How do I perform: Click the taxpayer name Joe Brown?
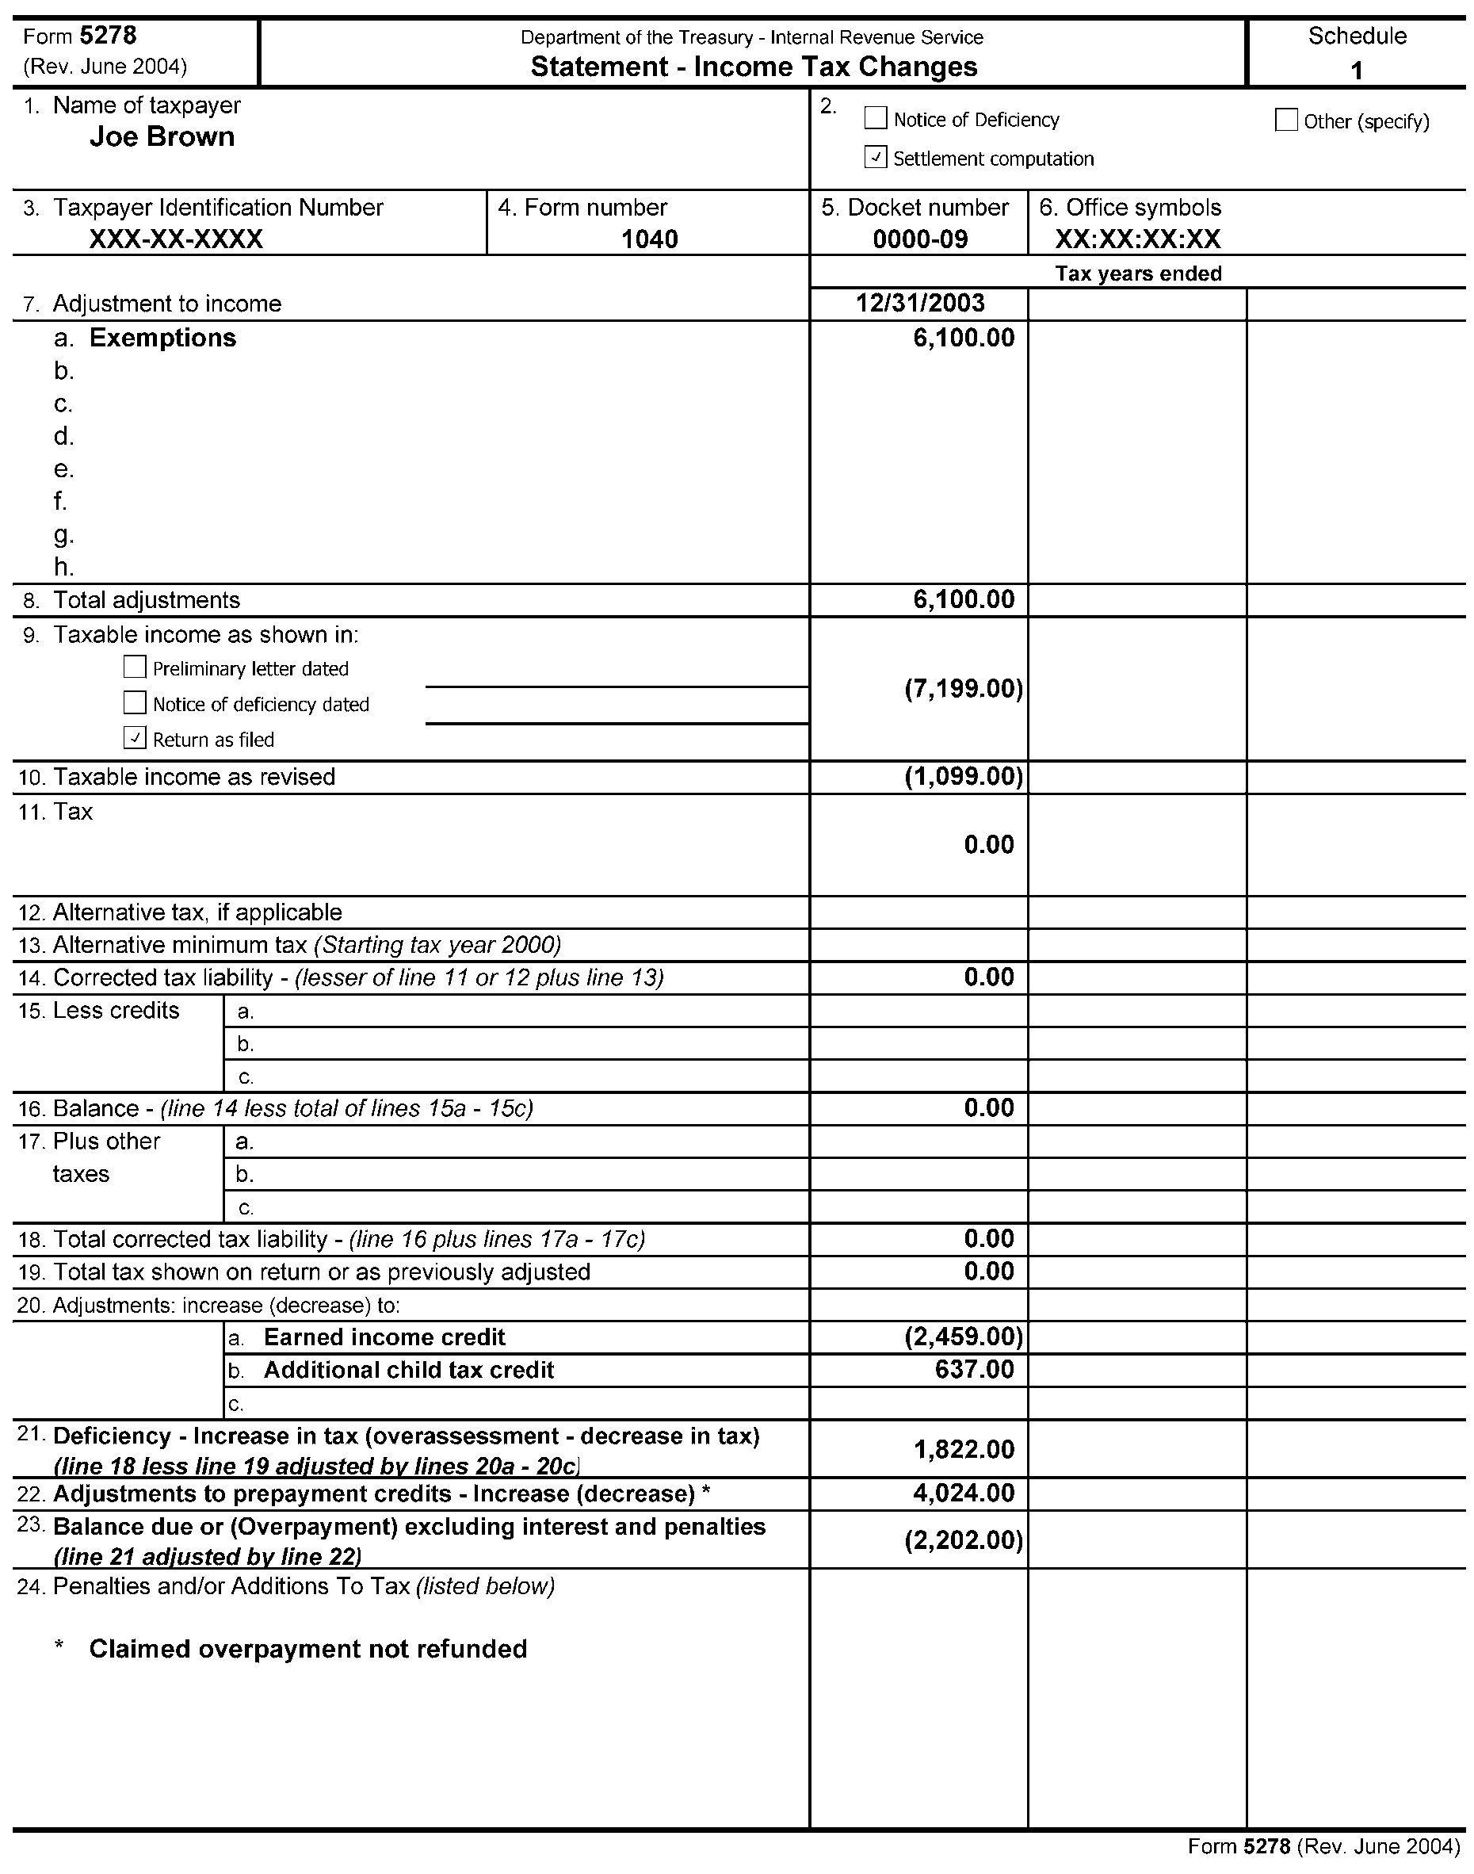[x=162, y=136]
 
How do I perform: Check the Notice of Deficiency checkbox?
[x=875, y=118]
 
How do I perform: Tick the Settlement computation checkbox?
[x=875, y=157]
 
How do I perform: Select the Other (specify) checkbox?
[x=1285, y=120]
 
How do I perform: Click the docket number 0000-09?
[x=920, y=239]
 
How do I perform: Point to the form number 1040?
[x=649, y=239]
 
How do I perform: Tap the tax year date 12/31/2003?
[x=920, y=303]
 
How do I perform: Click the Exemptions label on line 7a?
[x=162, y=338]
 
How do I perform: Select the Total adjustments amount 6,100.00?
[x=963, y=599]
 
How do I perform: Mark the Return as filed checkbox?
[x=135, y=738]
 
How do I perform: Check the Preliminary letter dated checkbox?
[x=135, y=667]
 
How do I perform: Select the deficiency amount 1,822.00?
[x=963, y=1449]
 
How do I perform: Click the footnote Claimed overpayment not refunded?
[x=308, y=1649]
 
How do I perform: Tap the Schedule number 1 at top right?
[x=1356, y=70]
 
